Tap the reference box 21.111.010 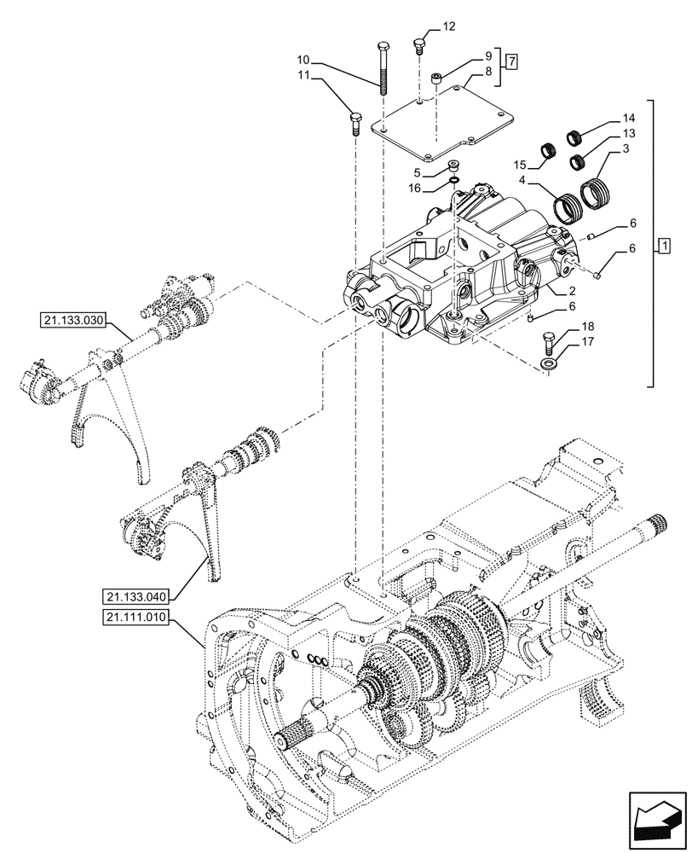tap(141, 617)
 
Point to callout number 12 tap(448, 27)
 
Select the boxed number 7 tap(510, 61)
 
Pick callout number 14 tap(628, 118)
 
